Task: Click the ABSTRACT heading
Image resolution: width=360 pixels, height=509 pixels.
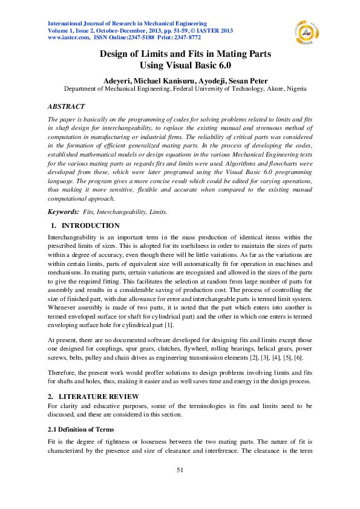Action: tap(66, 107)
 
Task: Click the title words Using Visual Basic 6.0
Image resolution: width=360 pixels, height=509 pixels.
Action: tap(185, 64)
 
